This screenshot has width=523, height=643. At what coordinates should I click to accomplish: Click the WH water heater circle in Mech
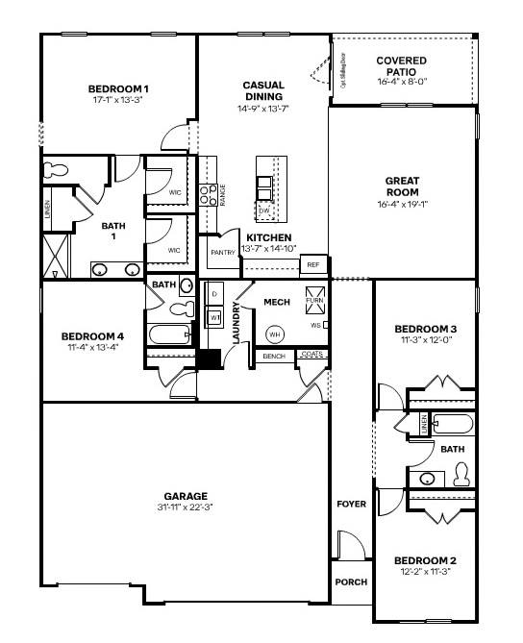coord(274,334)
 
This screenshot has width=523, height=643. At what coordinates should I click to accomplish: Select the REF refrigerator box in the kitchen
coord(312,264)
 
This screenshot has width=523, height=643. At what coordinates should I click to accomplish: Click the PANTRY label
coord(222,253)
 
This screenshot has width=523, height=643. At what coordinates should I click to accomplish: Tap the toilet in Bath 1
coord(57,170)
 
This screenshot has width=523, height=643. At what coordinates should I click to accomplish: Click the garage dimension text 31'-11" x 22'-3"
coord(186,507)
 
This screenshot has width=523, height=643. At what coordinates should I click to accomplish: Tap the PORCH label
coord(350,582)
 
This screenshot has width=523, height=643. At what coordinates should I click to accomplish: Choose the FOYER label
coord(351,504)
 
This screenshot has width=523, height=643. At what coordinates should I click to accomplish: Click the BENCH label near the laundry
coord(274,357)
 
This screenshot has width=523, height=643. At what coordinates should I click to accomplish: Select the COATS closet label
coord(311,355)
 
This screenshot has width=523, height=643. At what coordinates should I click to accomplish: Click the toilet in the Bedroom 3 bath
coord(461,474)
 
